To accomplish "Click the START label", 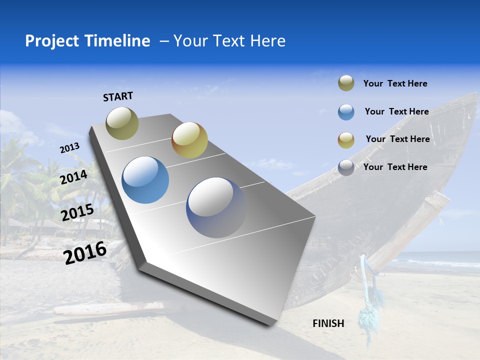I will pyautogui.click(x=118, y=96).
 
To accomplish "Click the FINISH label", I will pyautogui.click(x=328, y=323).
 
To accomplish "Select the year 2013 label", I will pyautogui.click(x=70, y=148).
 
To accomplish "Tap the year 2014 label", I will pyautogui.click(x=74, y=177).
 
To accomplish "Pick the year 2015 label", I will pyautogui.click(x=77, y=212).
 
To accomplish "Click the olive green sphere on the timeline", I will pyautogui.click(x=122, y=123).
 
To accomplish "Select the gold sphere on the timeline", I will pyautogui.click(x=189, y=140).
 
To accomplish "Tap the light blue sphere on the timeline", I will pyautogui.click(x=145, y=180).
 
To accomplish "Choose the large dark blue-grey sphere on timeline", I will pyautogui.click(x=216, y=207).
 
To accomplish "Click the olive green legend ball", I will pyautogui.click(x=346, y=83).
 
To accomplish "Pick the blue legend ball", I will pyautogui.click(x=346, y=112).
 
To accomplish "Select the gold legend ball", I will pyautogui.click(x=346, y=140).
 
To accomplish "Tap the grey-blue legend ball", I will pyautogui.click(x=346, y=167).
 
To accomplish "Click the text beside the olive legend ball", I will pyautogui.click(x=395, y=84).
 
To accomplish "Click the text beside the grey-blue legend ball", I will pyautogui.click(x=395, y=167).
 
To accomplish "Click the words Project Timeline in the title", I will pyautogui.click(x=87, y=41).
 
